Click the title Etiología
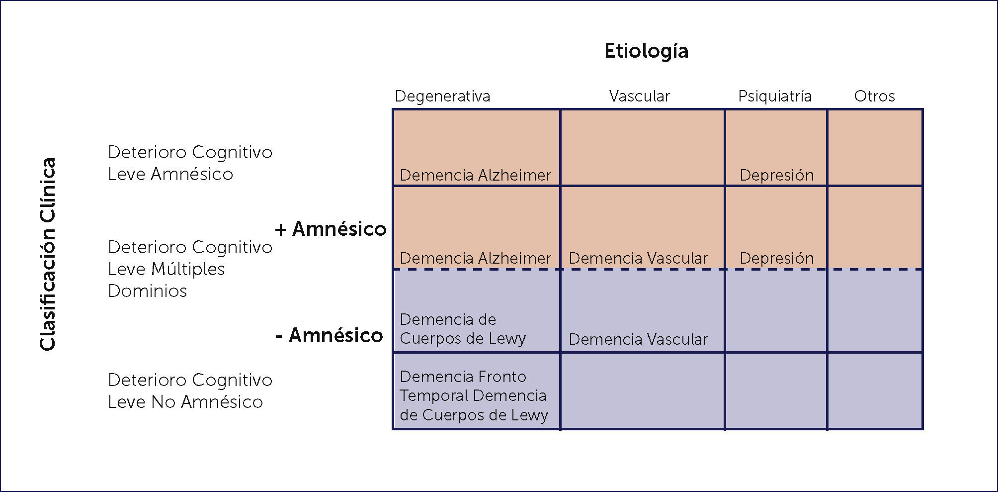tap(646, 51)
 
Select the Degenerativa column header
tap(442, 96)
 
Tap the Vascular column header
tap(639, 96)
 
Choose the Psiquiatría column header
tap(774, 96)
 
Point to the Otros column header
tap(874, 96)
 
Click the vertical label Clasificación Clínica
tap(48, 254)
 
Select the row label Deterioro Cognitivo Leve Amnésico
tap(190, 163)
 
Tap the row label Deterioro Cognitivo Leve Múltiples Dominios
tap(190, 269)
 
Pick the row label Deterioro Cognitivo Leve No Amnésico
tap(190, 391)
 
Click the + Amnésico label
tap(331, 229)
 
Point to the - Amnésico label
tap(329, 335)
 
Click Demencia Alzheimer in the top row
tap(475, 175)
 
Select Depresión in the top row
tap(776, 175)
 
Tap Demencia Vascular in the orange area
tap(638, 258)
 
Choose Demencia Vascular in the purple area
tap(638, 339)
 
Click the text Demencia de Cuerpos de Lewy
tap(462, 329)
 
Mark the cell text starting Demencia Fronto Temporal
tap(474, 395)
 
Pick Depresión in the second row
tap(776, 258)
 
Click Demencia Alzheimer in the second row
tap(475, 258)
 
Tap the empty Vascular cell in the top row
tap(642, 148)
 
